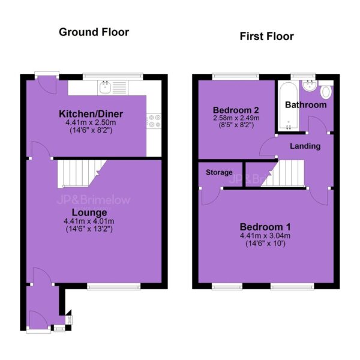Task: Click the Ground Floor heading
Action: tap(94, 32)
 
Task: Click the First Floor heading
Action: tap(267, 37)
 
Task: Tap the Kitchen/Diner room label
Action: tap(91, 114)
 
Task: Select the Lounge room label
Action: tap(89, 212)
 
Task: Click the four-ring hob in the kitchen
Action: tap(154, 121)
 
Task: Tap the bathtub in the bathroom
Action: tap(289, 107)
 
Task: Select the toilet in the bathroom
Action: tap(326, 90)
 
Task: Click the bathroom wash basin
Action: tap(310, 85)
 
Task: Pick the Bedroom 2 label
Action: tap(236, 110)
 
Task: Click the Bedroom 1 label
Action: tap(265, 227)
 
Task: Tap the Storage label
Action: tap(219, 172)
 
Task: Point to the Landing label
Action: tap(305, 146)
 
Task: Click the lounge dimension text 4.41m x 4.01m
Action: tap(89, 221)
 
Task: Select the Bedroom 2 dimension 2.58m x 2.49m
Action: tap(236, 118)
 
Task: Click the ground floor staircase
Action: tap(82, 174)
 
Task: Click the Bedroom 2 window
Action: tap(236, 76)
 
